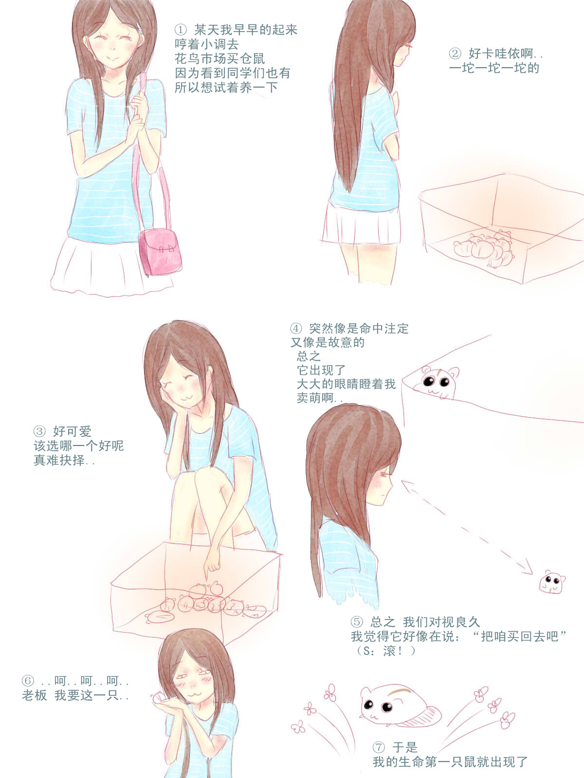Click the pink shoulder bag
[x=160, y=251]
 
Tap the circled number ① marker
[x=181, y=30]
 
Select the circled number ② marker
[x=455, y=53]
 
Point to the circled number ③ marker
[x=39, y=431]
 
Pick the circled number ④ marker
[x=296, y=329]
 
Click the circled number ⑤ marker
[x=356, y=622]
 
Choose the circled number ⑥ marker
[x=28, y=681]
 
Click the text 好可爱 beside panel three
[x=72, y=431]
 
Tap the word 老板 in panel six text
[x=34, y=695]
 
